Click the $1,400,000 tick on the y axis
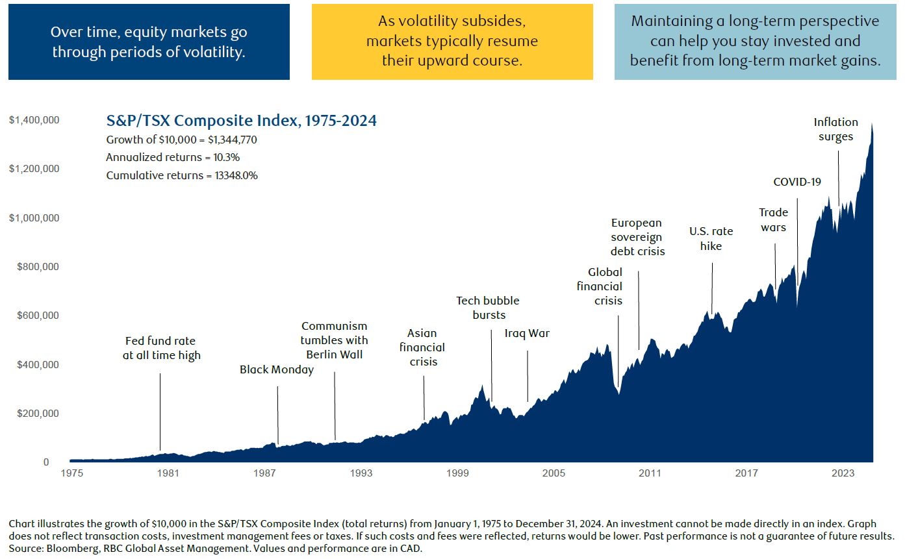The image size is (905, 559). pos(34,120)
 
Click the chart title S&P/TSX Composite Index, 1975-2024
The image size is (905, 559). pos(241,121)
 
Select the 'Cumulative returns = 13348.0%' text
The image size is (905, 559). pos(182,175)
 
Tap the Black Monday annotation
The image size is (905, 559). pos(277,370)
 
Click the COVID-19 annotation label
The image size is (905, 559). pos(797,182)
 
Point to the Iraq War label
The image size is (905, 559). pos(527,334)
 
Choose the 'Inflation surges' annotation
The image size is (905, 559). pos(836,129)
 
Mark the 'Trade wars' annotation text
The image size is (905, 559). pos(773,219)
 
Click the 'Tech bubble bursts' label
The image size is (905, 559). pos(488,308)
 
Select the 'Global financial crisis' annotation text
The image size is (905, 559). pos(600,286)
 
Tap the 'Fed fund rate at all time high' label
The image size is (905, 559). pos(160,348)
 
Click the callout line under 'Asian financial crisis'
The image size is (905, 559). pos(424,397)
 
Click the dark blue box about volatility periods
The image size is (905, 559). pos(149,42)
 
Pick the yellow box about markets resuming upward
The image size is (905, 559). pos(452,42)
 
